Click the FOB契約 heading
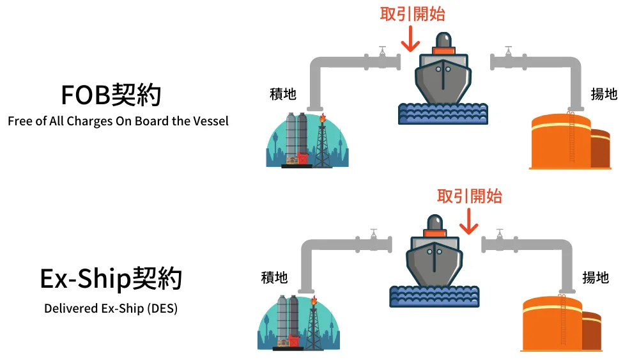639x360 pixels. click(111, 95)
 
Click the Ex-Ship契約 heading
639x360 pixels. click(111, 279)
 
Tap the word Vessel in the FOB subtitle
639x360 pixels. click(210, 121)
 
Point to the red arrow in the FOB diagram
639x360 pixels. click(410, 39)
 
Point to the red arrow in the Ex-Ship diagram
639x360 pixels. click(468, 221)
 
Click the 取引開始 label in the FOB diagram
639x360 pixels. click(412, 14)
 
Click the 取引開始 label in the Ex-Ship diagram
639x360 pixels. click(470, 196)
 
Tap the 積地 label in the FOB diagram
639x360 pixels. click(283, 94)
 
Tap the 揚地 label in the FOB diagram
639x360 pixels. click(604, 94)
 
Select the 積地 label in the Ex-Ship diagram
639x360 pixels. click(274, 278)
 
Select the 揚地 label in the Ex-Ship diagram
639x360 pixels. click(596, 278)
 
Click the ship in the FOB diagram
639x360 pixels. click(443, 69)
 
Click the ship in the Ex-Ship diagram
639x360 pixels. click(435, 251)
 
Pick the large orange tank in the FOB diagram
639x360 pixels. click(561, 141)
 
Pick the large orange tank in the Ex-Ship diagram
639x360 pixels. click(552, 324)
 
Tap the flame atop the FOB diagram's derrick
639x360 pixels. click(322, 118)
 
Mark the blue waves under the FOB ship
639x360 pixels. click(443, 114)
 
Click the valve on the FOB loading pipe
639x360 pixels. click(382, 58)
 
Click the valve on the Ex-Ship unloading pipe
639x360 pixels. click(500, 240)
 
